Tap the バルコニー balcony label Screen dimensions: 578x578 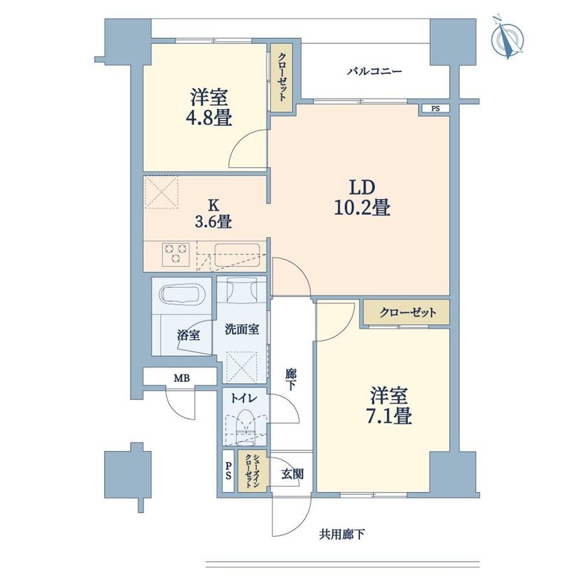[x=374, y=71]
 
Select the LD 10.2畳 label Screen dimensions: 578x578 [x=362, y=197]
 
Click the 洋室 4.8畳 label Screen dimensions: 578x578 [x=209, y=107]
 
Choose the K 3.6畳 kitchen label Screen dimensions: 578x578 [x=214, y=214]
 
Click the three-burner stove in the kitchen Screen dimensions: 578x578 [x=176, y=254]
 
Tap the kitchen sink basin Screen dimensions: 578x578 [x=237, y=254]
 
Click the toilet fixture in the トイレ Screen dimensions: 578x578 [x=246, y=427]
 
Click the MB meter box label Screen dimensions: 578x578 [x=182, y=378]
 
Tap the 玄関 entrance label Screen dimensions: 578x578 [x=292, y=474]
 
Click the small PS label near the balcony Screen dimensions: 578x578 [x=436, y=109]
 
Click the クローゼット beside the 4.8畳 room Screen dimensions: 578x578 [x=281, y=77]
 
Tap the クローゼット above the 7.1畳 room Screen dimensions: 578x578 [x=407, y=313]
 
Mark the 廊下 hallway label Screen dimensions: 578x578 [x=290, y=379]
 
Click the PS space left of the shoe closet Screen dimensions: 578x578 [x=228, y=471]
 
